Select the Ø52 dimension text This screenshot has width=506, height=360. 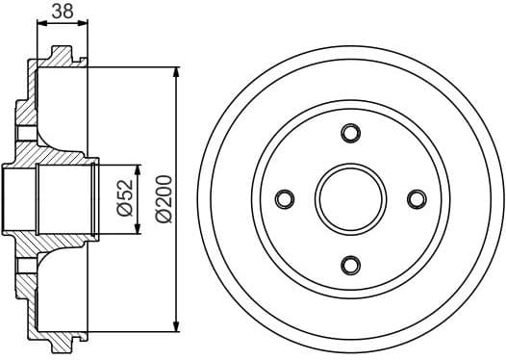click(124, 197)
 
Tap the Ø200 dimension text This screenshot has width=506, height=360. click(163, 198)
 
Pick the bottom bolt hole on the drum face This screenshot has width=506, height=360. click(350, 264)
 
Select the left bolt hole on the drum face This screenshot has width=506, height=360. click(284, 198)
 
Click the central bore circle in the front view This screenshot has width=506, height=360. click(350, 198)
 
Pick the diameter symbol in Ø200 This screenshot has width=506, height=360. click(163, 218)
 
